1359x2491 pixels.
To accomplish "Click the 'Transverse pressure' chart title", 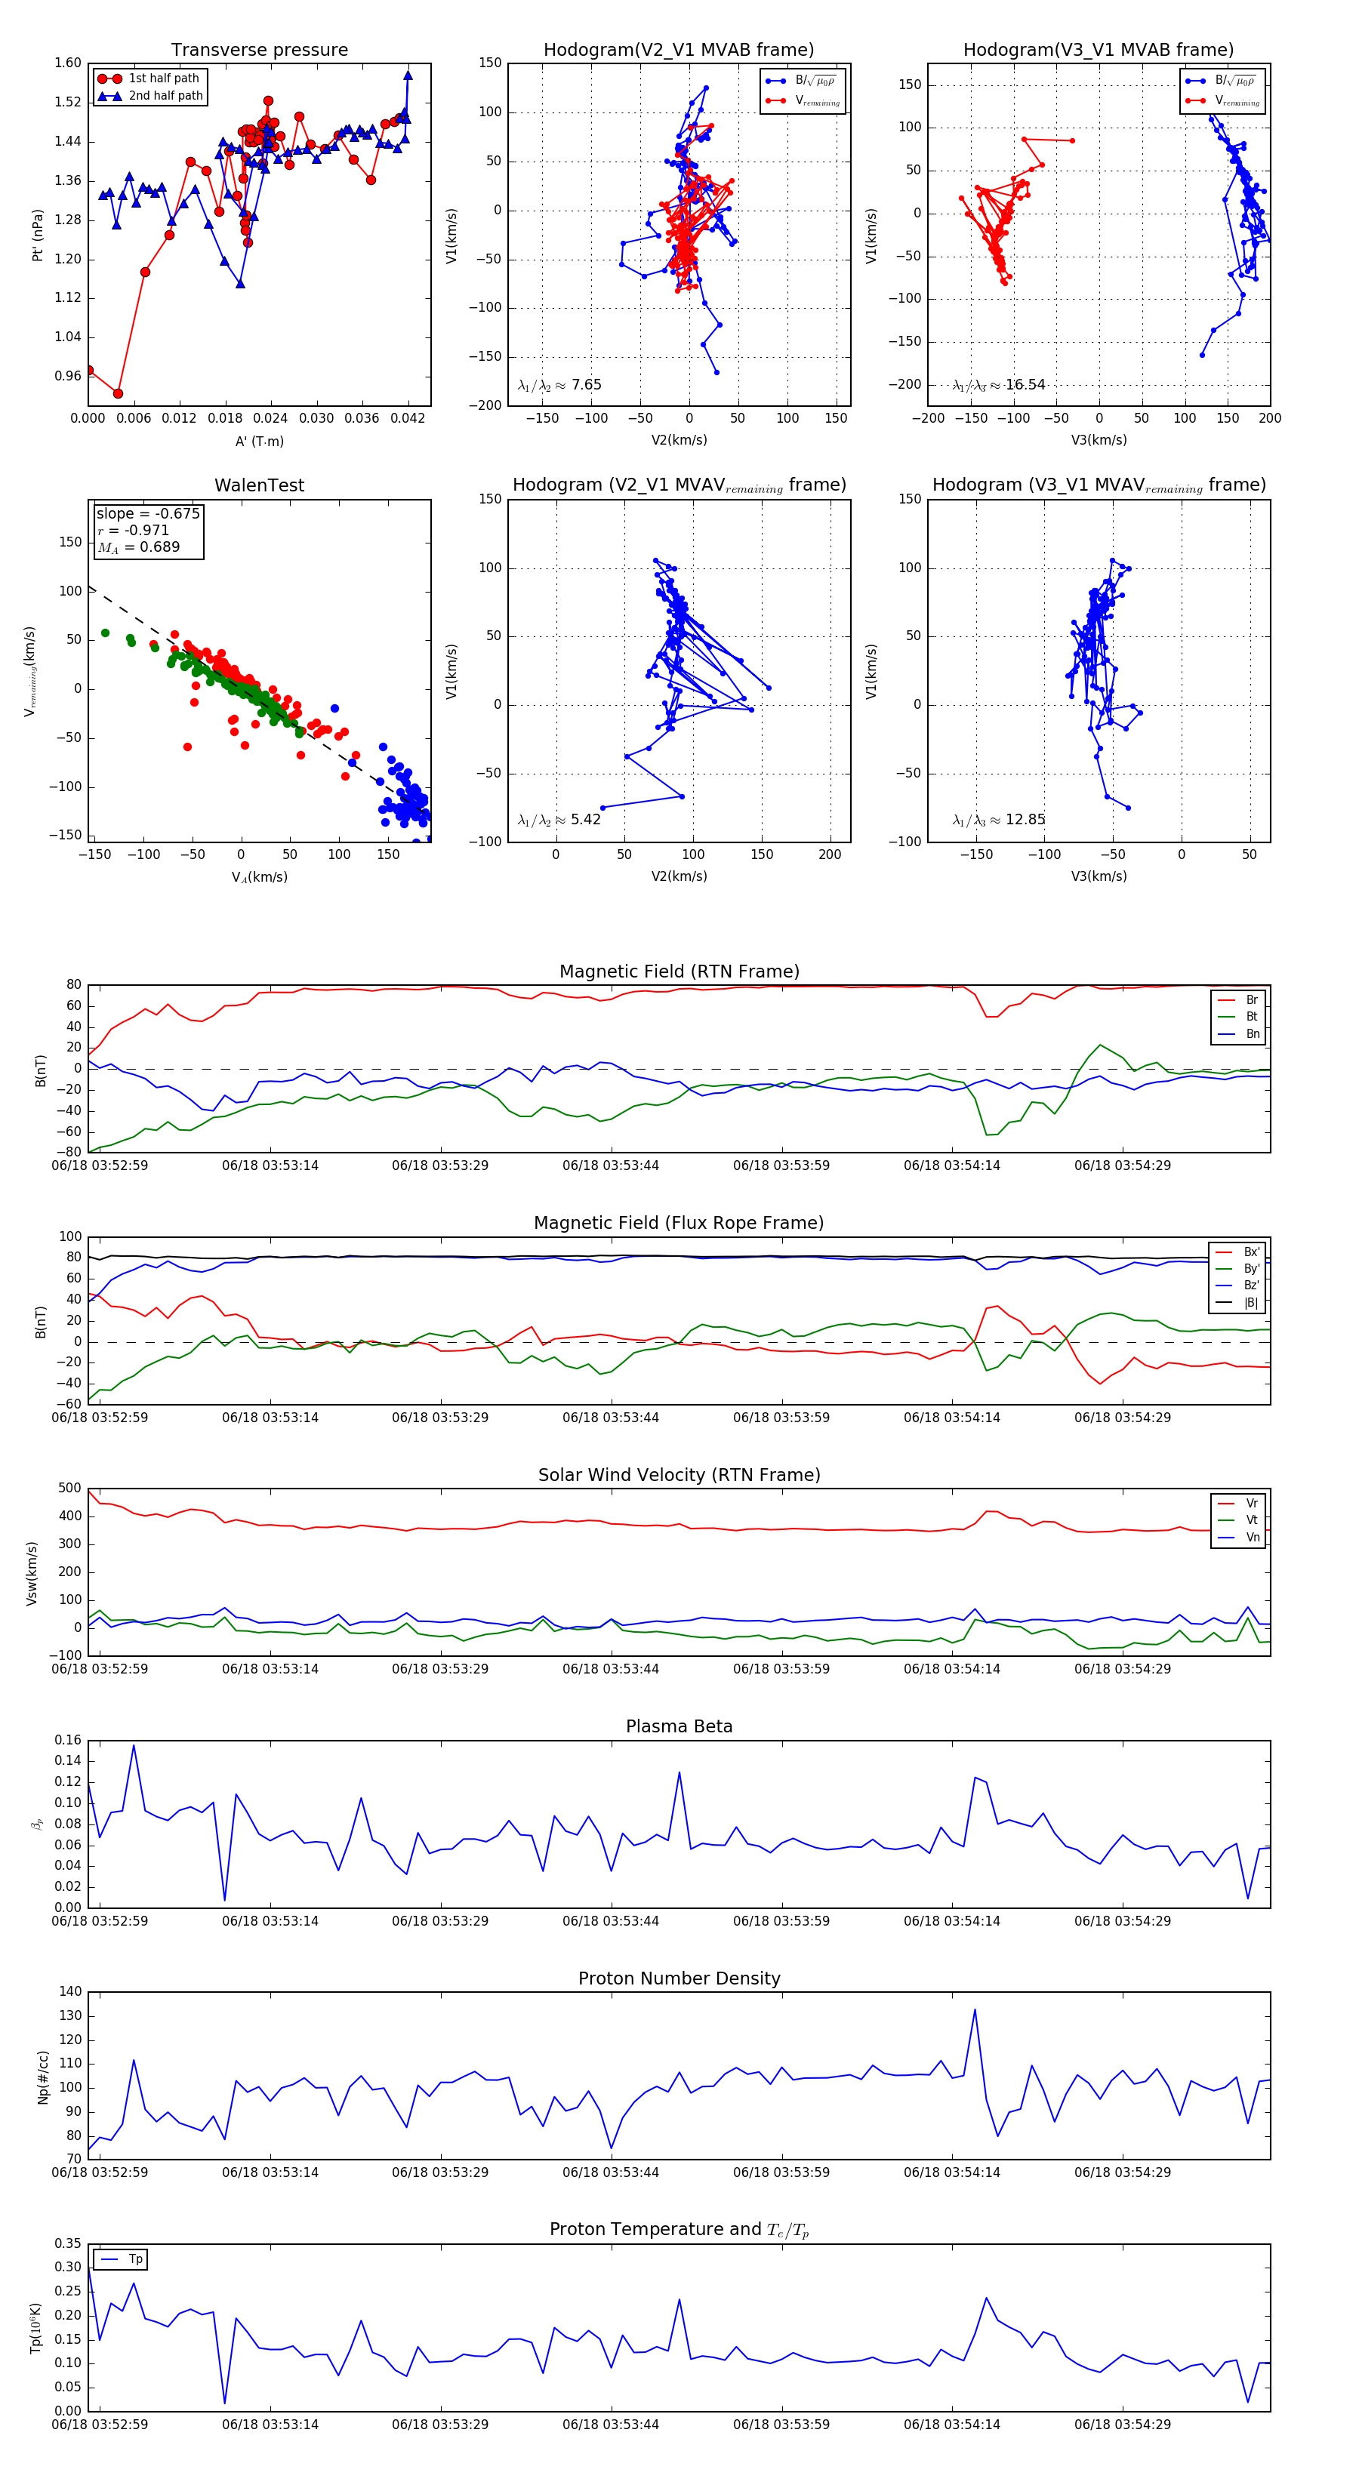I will (259, 51).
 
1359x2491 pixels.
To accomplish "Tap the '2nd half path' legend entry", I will (165, 96).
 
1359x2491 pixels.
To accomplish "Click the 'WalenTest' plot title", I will (259, 485).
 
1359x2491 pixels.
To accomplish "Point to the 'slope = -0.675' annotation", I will (148, 513).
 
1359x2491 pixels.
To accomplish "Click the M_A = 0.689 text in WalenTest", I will (139, 547).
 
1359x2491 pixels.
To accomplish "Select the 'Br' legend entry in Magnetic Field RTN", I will (1252, 1000).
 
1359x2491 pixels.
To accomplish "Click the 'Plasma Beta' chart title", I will (679, 1726).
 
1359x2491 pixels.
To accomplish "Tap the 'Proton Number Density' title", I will (679, 1978).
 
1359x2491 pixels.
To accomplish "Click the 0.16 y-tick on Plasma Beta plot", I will (68, 1740).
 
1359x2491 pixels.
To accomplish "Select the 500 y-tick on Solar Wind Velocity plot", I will (69, 1489).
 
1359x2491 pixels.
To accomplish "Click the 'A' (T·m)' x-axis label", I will (259, 441).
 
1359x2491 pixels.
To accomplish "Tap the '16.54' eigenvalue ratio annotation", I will (1025, 385).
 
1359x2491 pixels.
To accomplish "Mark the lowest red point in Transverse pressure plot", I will (118, 393).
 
